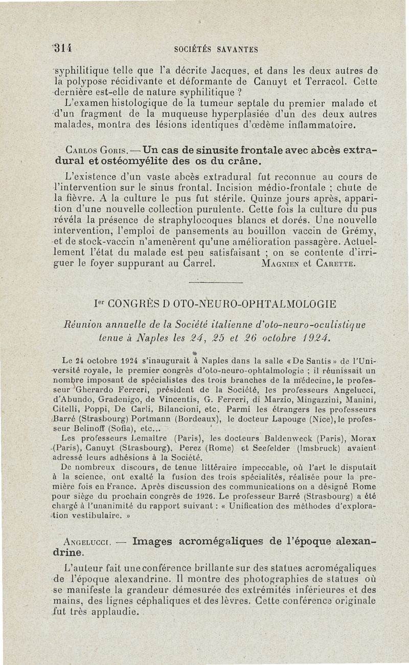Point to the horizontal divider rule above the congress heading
[215, 282]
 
